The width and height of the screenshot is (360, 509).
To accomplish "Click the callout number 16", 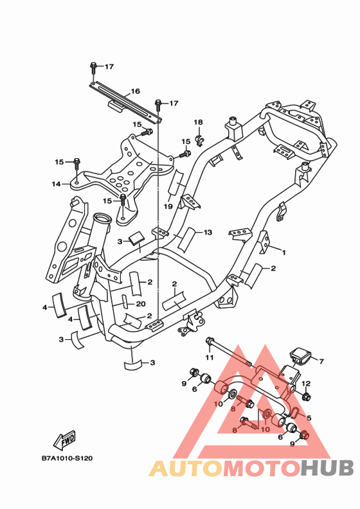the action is tap(135, 91).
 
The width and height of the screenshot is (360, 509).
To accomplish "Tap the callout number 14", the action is tap(56, 184).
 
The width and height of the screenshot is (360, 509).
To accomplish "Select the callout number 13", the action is tap(208, 232).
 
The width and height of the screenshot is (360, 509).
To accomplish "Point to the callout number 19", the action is tap(168, 206).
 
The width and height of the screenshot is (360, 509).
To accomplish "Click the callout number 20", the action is tap(141, 304).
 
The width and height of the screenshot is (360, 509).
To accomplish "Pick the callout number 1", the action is tap(283, 252).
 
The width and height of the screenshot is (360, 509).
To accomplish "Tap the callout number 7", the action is tap(321, 361).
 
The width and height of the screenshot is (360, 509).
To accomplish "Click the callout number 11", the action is tap(210, 357).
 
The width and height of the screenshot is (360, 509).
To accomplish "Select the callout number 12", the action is tap(306, 384).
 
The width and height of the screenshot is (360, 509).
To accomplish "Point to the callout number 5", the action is tap(309, 418).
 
